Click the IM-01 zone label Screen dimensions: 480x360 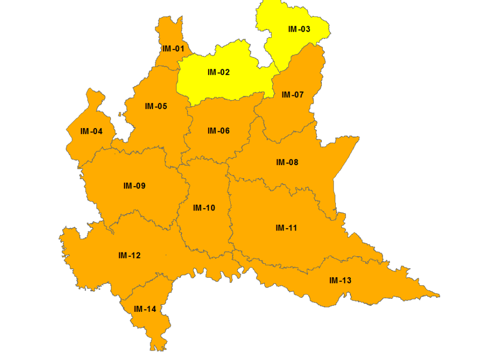click(173, 49)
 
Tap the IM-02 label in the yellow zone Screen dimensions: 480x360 click(218, 72)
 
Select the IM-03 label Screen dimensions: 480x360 click(299, 29)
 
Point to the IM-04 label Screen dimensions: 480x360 click(91, 131)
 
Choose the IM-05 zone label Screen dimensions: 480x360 click(156, 106)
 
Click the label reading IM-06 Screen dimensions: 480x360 click(218, 131)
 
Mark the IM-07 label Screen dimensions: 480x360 click(292, 95)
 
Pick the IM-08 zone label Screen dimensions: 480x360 click(287, 162)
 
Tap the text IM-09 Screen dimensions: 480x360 click(134, 186)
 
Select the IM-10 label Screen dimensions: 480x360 click(204, 208)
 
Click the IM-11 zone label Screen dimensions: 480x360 click(286, 228)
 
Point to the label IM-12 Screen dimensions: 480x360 click(129, 255)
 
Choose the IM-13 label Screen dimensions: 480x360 click(340, 281)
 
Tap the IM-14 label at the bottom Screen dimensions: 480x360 click(145, 309)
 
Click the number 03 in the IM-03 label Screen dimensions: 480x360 click(305, 29)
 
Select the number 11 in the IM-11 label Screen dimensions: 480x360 click(292, 228)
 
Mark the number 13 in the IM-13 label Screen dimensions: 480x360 click(346, 281)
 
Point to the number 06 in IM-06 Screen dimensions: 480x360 click(225, 131)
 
